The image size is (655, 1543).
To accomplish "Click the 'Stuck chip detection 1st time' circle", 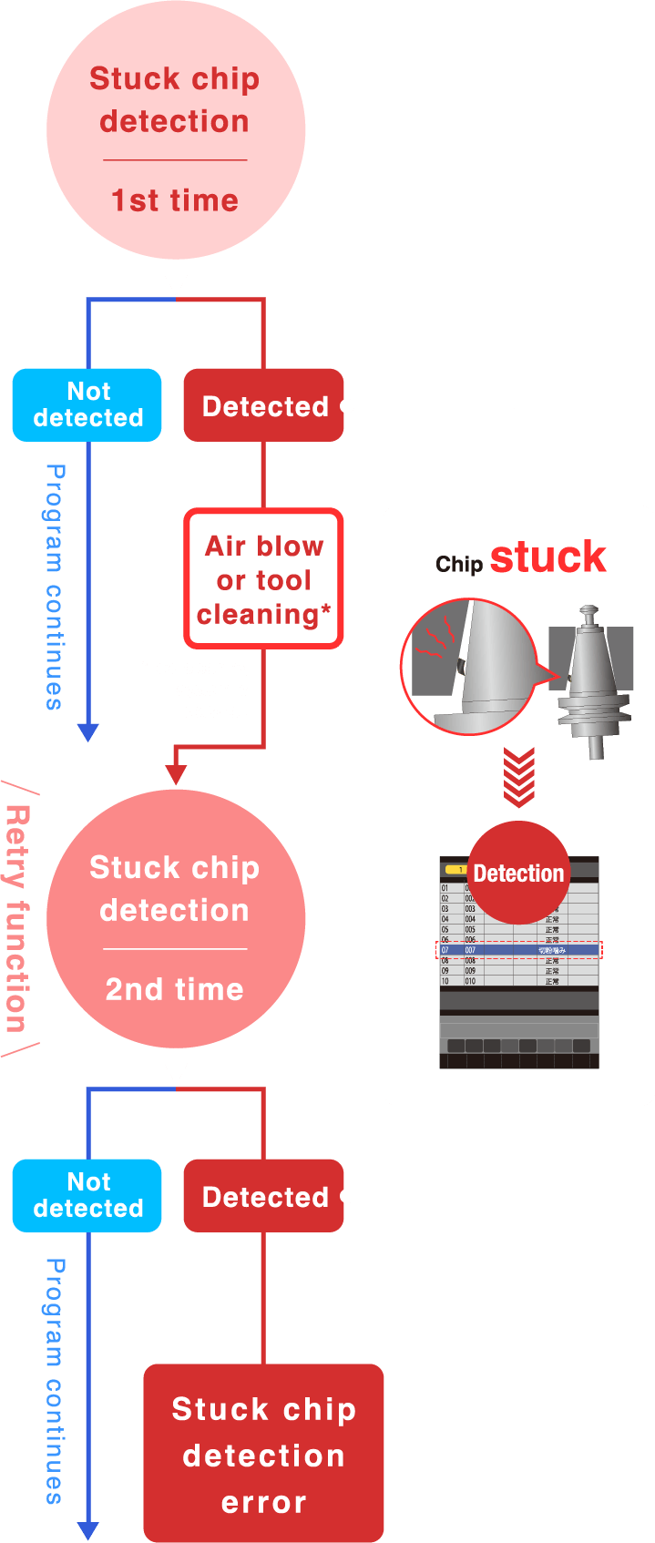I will coord(175,130).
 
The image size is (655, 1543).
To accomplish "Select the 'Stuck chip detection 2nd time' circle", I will coord(175,919).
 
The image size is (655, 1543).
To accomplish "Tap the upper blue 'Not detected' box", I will coord(87,404).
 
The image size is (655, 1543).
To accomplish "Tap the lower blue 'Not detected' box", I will coord(87,1195).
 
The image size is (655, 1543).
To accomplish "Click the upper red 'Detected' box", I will coord(263,405).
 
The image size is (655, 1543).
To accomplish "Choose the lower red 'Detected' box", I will coord(263,1196).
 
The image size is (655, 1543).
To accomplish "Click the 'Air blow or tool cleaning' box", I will coord(264,579).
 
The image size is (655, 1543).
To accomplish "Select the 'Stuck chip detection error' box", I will coord(263,1454).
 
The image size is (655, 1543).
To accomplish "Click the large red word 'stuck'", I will coord(548,557).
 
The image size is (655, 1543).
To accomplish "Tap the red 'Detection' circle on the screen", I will coord(518,873).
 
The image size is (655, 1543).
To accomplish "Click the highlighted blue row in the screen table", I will coord(519,950).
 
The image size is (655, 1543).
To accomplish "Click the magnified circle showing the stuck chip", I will coord(469,666).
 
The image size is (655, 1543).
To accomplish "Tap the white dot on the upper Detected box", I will coord(347,405).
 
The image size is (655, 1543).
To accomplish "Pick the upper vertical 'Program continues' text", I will coord(56,587).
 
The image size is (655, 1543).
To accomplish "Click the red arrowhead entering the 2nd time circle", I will coord(176,774).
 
